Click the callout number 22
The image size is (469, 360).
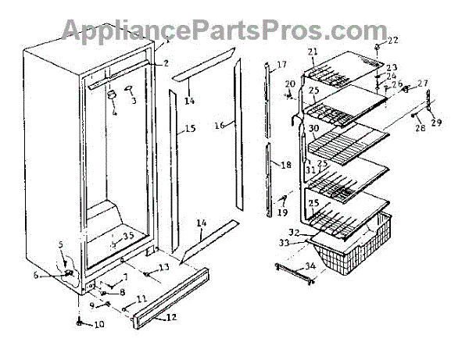click(392, 41)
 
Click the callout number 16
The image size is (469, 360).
click(220, 124)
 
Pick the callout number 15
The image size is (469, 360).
click(190, 130)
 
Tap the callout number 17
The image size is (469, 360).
click(281, 64)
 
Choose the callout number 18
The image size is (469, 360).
click(285, 165)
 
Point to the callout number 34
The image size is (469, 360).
click(311, 267)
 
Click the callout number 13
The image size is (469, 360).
click(164, 268)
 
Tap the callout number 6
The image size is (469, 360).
click(57, 274)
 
